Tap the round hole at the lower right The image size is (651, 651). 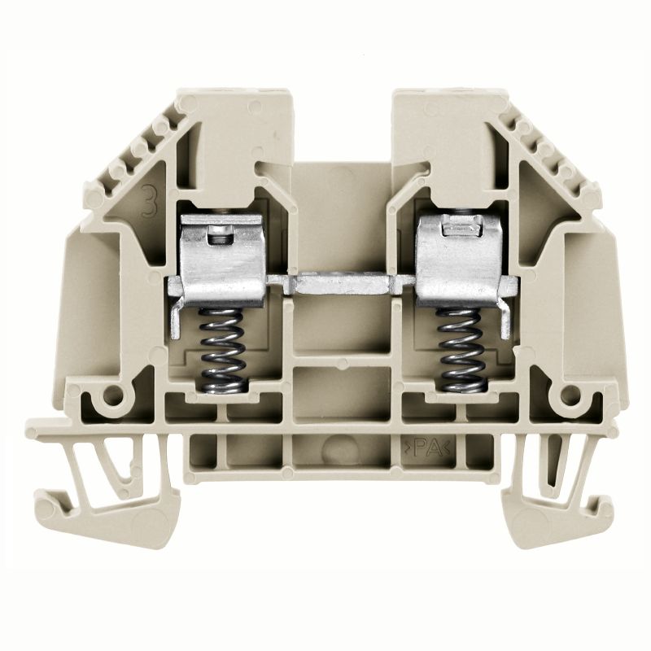tap(564, 398)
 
